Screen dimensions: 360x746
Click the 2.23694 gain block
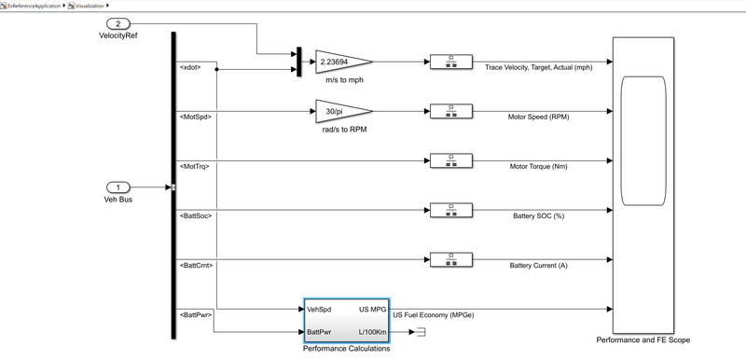pos(343,62)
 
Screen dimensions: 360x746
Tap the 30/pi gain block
pos(343,112)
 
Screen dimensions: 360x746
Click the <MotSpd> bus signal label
pos(195,117)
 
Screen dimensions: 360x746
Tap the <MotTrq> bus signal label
pos(194,166)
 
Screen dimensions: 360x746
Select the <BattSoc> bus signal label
pos(196,215)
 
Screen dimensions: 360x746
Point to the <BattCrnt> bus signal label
pos(196,265)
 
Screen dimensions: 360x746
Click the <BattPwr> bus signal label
pos(196,314)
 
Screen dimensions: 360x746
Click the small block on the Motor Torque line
pos(449,161)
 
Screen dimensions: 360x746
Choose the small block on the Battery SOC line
pos(449,211)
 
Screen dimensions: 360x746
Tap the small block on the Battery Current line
pos(449,260)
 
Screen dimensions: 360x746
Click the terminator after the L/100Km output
pos(420,331)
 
